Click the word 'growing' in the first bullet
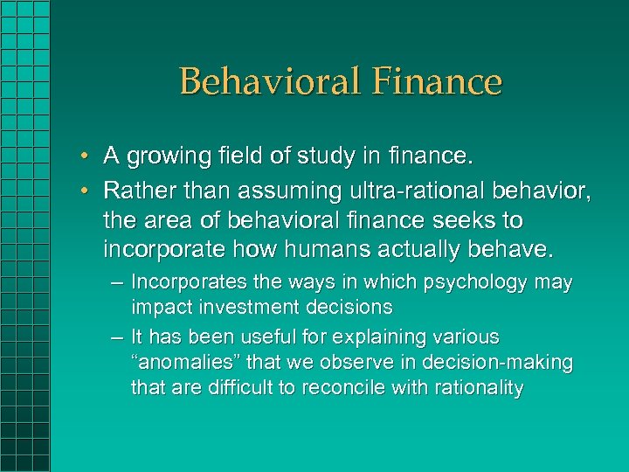161,157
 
